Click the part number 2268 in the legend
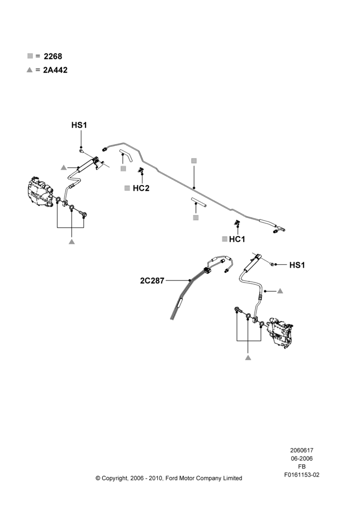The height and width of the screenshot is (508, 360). [53, 56]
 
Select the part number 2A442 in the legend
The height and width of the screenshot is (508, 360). [55, 70]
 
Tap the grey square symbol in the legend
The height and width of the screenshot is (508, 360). [30, 56]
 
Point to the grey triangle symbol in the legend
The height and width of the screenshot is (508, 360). [30, 70]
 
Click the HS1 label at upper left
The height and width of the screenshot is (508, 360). [79, 125]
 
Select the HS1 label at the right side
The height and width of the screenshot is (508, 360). [297, 265]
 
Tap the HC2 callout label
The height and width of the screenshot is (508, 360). [141, 188]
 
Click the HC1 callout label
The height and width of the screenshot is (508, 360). [237, 239]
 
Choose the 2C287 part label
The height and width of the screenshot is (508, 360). [152, 280]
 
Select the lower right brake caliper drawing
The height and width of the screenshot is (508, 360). [279, 334]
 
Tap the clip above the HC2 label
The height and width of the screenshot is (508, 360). [141, 170]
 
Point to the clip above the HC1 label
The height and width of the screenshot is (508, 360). [237, 223]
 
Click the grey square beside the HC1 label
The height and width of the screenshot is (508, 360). [224, 239]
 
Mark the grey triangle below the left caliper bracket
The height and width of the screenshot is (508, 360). [72, 242]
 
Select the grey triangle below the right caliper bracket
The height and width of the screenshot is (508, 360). [248, 358]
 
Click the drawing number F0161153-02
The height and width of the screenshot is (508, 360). [302, 475]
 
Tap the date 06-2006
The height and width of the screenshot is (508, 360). [302, 458]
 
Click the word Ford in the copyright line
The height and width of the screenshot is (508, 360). [172, 478]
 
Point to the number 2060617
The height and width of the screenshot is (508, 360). [302, 450]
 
